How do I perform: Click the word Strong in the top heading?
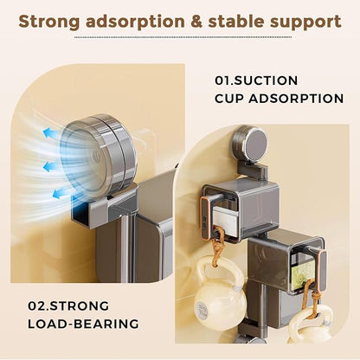click(49, 22)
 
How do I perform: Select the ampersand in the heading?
click(196, 22)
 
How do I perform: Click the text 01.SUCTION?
click(256, 80)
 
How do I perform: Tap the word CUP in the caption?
click(229, 99)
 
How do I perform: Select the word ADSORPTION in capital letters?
click(296, 99)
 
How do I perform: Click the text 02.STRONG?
click(68, 305)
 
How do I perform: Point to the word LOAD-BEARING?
click(83, 324)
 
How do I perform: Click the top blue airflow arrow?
click(50, 133)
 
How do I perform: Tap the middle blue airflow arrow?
click(50, 166)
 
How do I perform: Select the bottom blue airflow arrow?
click(61, 192)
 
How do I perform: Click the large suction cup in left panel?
click(98, 153)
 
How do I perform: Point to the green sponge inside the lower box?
click(302, 272)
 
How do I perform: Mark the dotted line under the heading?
click(183, 37)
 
